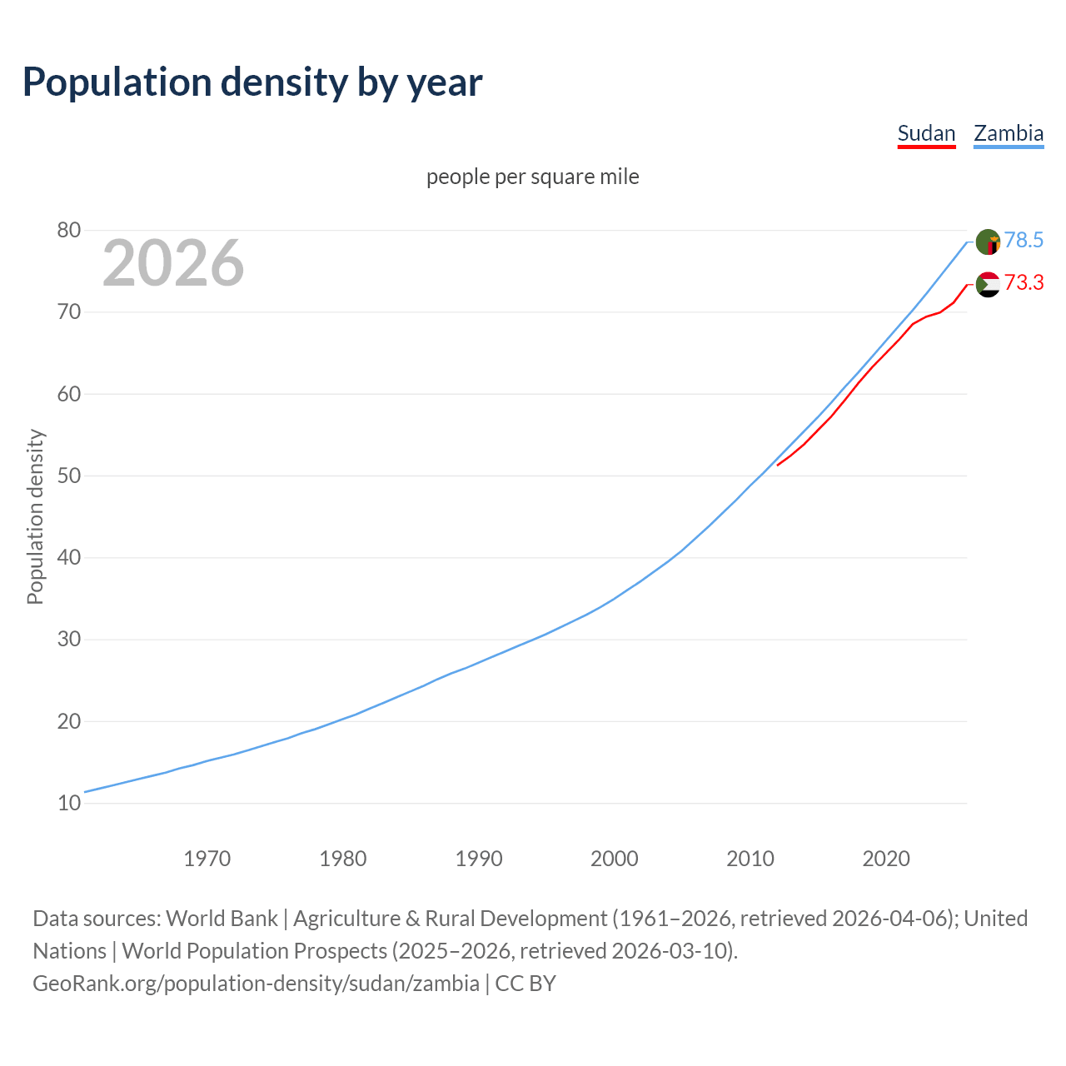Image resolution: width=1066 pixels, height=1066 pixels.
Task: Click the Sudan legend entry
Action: coord(926,133)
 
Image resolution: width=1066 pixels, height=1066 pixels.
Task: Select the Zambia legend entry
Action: coord(1009,133)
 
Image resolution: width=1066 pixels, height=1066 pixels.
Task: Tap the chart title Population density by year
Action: coord(252,82)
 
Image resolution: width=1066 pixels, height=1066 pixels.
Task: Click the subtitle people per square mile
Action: coord(532,177)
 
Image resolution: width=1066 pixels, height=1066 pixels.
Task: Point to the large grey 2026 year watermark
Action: coord(173,263)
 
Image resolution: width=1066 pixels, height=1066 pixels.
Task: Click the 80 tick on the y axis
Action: coord(69,230)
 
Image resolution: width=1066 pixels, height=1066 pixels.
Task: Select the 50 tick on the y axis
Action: coord(69,476)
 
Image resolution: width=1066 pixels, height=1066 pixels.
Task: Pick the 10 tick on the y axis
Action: coord(69,803)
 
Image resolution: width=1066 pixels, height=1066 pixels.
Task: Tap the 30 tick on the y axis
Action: coord(69,640)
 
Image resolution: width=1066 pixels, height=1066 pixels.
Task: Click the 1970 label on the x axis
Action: coord(207,859)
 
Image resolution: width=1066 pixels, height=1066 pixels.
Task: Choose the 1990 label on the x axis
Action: coord(479,859)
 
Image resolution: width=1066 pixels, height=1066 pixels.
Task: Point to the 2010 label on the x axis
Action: coord(750,859)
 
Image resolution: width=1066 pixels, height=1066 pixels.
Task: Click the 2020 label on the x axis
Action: coord(886,859)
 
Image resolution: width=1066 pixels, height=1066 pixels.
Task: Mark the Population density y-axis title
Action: coord(35,516)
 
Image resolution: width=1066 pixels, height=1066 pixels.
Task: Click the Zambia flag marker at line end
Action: coord(988,242)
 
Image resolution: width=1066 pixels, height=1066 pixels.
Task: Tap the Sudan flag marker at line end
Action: coord(988,285)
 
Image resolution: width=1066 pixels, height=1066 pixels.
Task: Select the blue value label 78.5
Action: coord(1024,240)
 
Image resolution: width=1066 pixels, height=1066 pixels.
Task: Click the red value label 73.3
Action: coord(1024,282)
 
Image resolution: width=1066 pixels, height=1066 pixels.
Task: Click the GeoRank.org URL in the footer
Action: coord(256,984)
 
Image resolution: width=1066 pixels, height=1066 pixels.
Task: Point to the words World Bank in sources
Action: coord(222,919)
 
